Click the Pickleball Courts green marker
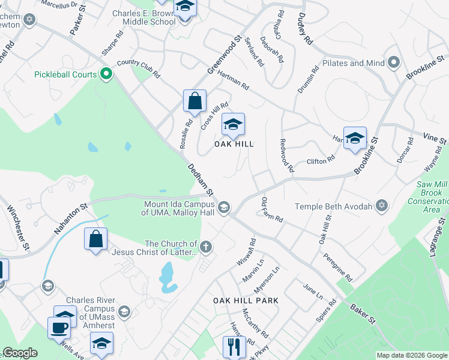[x=106, y=74]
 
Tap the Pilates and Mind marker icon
[x=394, y=62]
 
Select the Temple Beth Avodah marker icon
[x=381, y=206]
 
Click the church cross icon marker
[x=205, y=247]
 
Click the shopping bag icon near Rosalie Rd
[x=195, y=101]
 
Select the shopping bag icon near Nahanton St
[x=95, y=239]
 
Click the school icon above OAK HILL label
[x=233, y=125]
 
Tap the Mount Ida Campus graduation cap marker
[x=224, y=208]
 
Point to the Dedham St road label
[x=200, y=180]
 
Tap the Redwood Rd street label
[x=286, y=156]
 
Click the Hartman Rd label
[x=233, y=79]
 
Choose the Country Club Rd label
[x=139, y=68]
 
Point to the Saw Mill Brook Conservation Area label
[x=430, y=197]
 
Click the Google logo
[x=20, y=353]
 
